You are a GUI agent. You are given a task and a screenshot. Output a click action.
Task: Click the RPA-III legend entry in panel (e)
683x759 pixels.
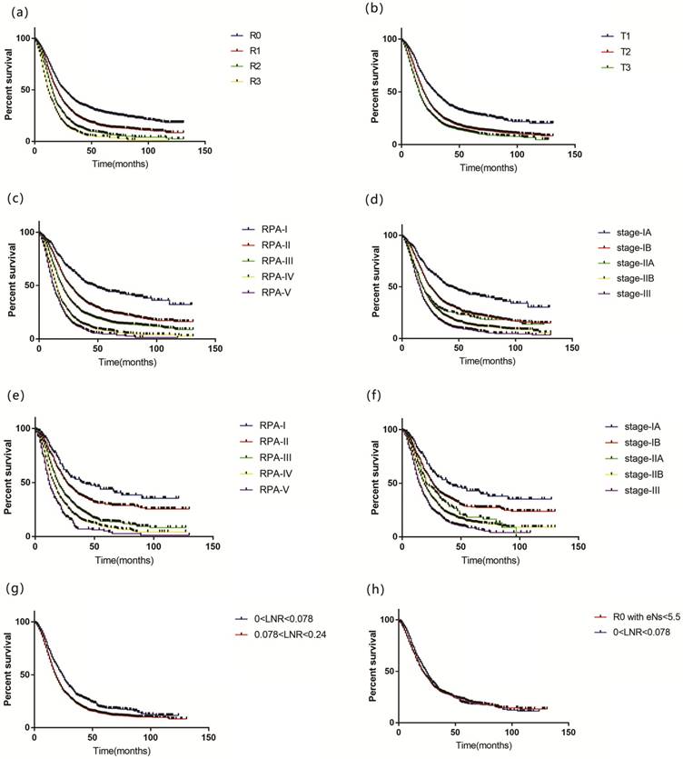coord(262,456)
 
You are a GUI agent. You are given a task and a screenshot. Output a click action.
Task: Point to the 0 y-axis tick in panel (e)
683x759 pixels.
coord(25,536)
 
